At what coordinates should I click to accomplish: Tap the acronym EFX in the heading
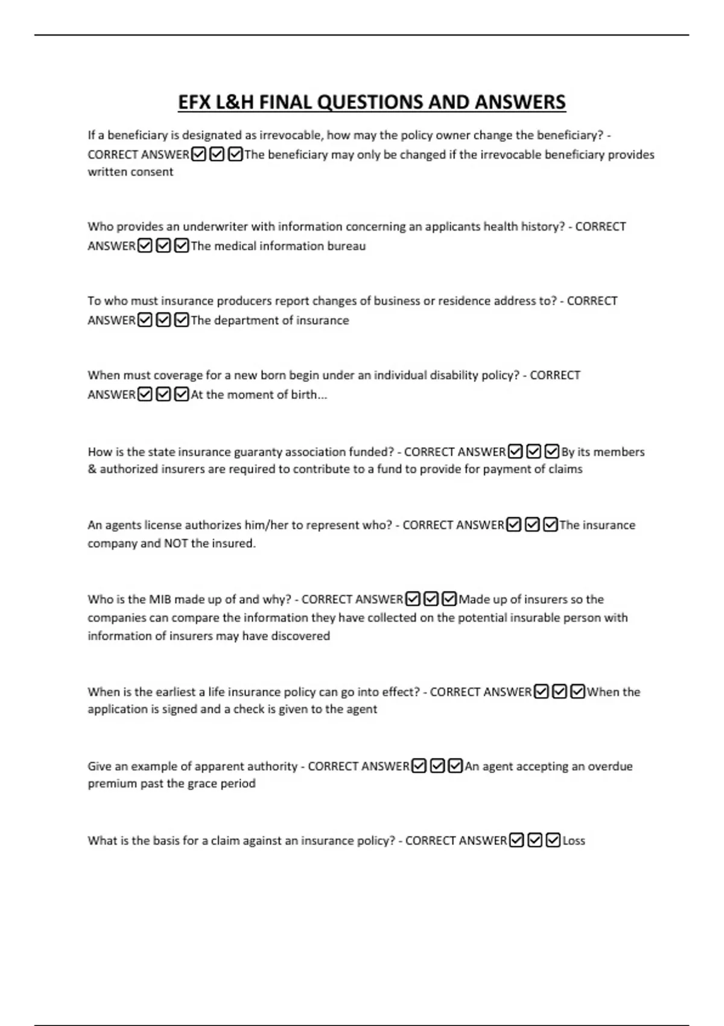tap(194, 102)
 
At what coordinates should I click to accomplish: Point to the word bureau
tap(346, 246)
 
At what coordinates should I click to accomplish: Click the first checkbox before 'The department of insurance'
tap(145, 320)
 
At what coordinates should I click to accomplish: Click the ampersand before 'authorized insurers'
tap(92, 469)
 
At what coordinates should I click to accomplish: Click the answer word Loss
tap(574, 840)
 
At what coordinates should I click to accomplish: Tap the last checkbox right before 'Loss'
tap(553, 840)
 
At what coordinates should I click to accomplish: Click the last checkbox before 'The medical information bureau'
tap(182, 246)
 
